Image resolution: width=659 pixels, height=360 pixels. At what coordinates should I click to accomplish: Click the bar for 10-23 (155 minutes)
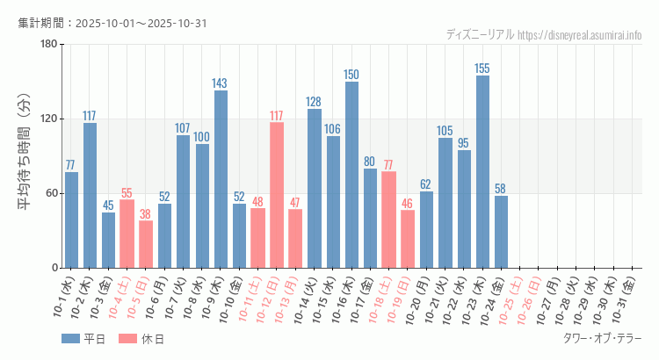pyautogui.click(x=482, y=171)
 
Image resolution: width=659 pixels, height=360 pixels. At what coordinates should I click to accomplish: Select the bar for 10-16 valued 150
pyautogui.click(x=351, y=175)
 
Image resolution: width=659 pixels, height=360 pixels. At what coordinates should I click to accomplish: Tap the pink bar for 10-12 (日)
pyautogui.click(x=277, y=195)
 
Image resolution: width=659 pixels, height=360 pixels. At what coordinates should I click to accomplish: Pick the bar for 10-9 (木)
pyautogui.click(x=221, y=179)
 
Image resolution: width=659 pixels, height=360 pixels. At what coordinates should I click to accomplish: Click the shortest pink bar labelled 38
pyautogui.click(x=146, y=244)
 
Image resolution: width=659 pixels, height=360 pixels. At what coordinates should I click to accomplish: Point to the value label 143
pyautogui.click(x=220, y=83)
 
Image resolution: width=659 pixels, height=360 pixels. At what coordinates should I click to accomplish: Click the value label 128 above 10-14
pyautogui.click(x=314, y=102)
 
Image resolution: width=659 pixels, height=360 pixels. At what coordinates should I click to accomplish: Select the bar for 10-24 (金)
pyautogui.click(x=501, y=232)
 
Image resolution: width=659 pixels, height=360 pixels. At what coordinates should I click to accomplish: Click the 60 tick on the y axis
pyautogui.click(x=51, y=193)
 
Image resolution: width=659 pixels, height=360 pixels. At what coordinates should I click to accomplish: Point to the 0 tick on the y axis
pyautogui.click(x=54, y=268)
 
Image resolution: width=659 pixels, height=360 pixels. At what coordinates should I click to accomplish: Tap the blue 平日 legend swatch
pyautogui.click(x=70, y=338)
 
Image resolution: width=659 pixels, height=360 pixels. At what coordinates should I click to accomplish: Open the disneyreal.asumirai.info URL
pyautogui.click(x=580, y=35)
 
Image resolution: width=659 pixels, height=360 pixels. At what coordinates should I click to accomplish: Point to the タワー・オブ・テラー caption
pyautogui.click(x=602, y=338)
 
